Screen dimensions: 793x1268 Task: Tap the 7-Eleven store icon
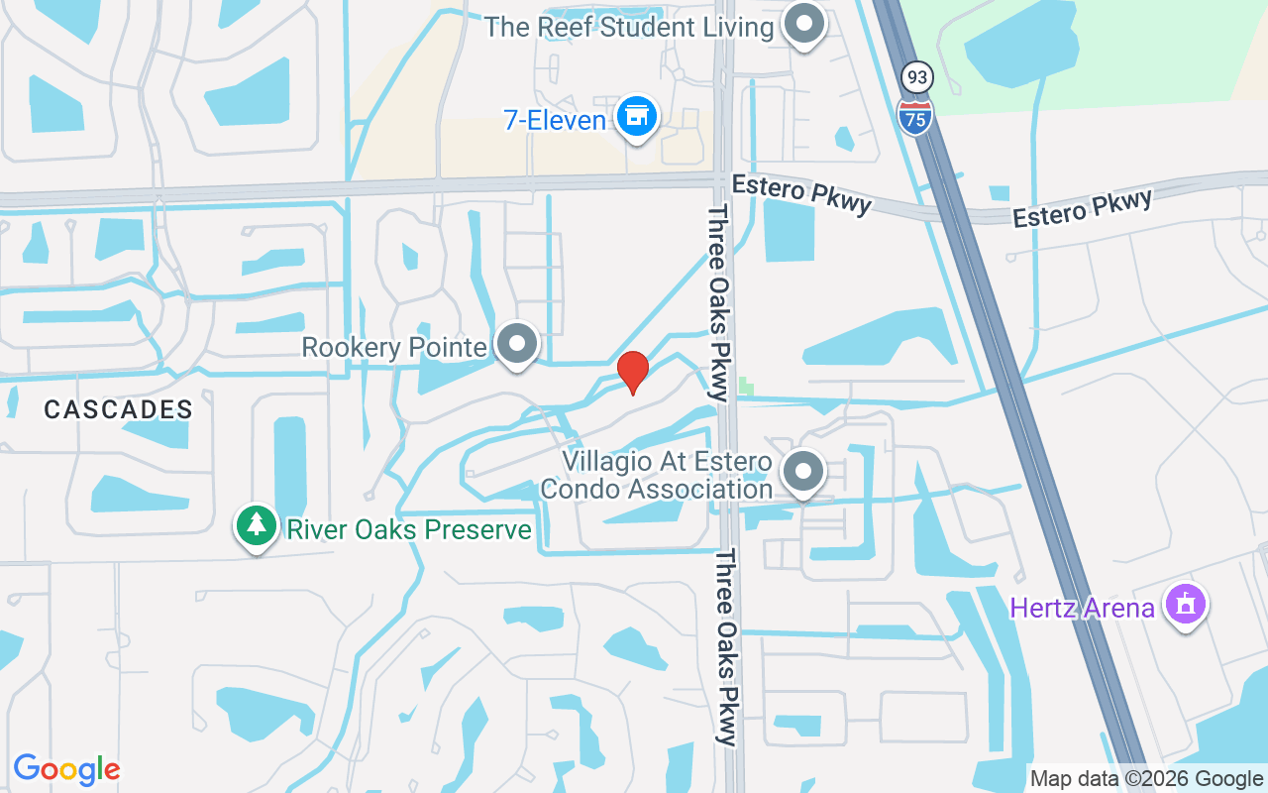pyautogui.click(x=636, y=118)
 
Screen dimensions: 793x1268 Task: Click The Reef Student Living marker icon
pyautogui.click(x=804, y=24)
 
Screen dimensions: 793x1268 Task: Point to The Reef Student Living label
pyautogui.click(x=628, y=27)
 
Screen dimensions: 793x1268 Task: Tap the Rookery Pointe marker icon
pyautogui.click(x=515, y=344)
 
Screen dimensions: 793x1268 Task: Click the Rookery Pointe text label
pyautogui.click(x=394, y=348)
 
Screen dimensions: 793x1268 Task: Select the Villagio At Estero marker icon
pyautogui.click(x=804, y=473)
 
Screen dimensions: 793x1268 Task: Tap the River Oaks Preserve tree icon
pyautogui.click(x=257, y=525)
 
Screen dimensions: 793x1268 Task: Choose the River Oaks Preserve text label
pyautogui.click(x=409, y=529)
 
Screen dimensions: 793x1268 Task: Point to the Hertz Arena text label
pyautogui.click(x=1082, y=608)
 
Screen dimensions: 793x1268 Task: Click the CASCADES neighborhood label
pyautogui.click(x=118, y=409)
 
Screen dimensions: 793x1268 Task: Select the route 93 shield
pyautogui.click(x=915, y=76)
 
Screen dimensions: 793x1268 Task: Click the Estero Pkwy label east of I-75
pyautogui.click(x=1083, y=207)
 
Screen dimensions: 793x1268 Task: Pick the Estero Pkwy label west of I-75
pyautogui.click(x=801, y=193)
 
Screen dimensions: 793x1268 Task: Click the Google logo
pyautogui.click(x=66, y=769)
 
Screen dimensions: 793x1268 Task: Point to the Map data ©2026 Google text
pyautogui.click(x=1146, y=779)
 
